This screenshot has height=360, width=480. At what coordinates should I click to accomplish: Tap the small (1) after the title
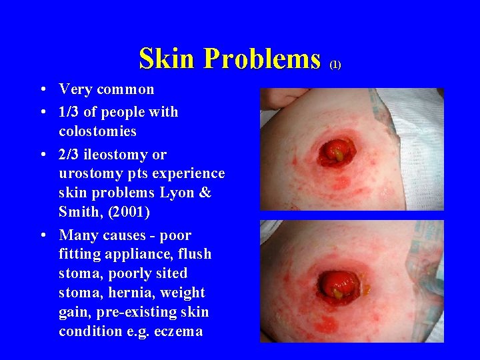pyautogui.click(x=335, y=65)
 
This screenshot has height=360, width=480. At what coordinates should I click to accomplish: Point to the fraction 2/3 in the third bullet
pyautogui.click(x=69, y=155)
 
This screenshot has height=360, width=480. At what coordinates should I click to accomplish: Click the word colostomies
pyautogui.click(x=97, y=131)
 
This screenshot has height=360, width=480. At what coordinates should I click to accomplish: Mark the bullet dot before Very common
pyautogui.click(x=43, y=89)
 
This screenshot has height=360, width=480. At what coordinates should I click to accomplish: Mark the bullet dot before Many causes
pyautogui.click(x=43, y=235)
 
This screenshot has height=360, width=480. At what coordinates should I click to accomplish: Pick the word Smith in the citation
pyautogui.click(x=79, y=212)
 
